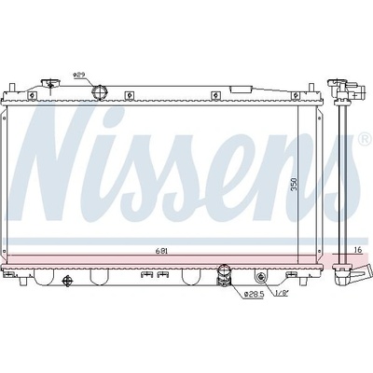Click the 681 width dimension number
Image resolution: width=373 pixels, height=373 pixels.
(x=162, y=252)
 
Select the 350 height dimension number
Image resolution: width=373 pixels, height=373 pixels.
(x=295, y=184)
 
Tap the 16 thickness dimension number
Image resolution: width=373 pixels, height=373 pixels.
(x=358, y=250)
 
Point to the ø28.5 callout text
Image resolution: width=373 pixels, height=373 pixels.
(x=254, y=294)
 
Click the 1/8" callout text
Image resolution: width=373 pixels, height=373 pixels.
(x=283, y=294)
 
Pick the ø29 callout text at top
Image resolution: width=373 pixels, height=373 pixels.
(x=79, y=75)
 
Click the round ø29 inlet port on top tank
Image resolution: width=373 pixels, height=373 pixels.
(x=100, y=92)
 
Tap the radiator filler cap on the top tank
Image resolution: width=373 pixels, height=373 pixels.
(x=50, y=83)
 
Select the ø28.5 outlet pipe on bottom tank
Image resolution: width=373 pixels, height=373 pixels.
(x=224, y=276)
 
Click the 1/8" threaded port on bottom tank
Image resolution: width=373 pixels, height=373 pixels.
(x=261, y=277)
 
